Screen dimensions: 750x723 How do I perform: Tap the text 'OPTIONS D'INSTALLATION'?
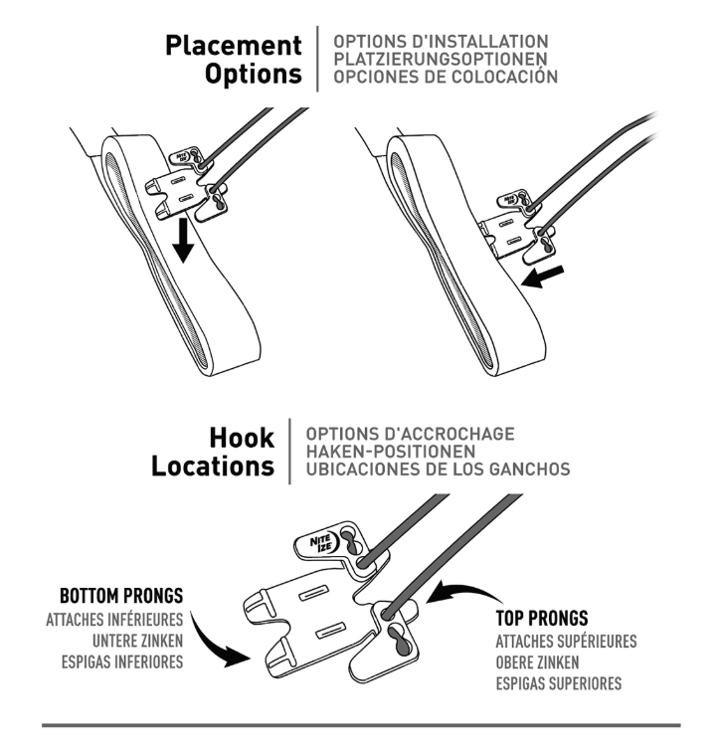coord(441,42)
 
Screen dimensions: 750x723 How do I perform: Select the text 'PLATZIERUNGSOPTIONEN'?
coord(441,60)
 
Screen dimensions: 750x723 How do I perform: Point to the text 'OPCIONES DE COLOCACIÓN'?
coord(446,77)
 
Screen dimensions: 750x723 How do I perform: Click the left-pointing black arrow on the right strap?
coord(546,276)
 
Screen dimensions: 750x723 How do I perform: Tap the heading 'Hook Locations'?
coord(213,452)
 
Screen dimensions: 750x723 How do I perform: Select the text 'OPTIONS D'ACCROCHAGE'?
coord(410,434)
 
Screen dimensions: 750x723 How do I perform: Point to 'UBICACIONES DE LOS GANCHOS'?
coord(439,469)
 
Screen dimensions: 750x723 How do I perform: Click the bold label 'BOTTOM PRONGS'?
coord(121,598)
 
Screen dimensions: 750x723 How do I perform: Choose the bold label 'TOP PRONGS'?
coord(541,619)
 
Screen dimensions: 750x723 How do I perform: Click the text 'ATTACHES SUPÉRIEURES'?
coord(566,642)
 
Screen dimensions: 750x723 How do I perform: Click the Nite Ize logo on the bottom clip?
coord(317,541)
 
